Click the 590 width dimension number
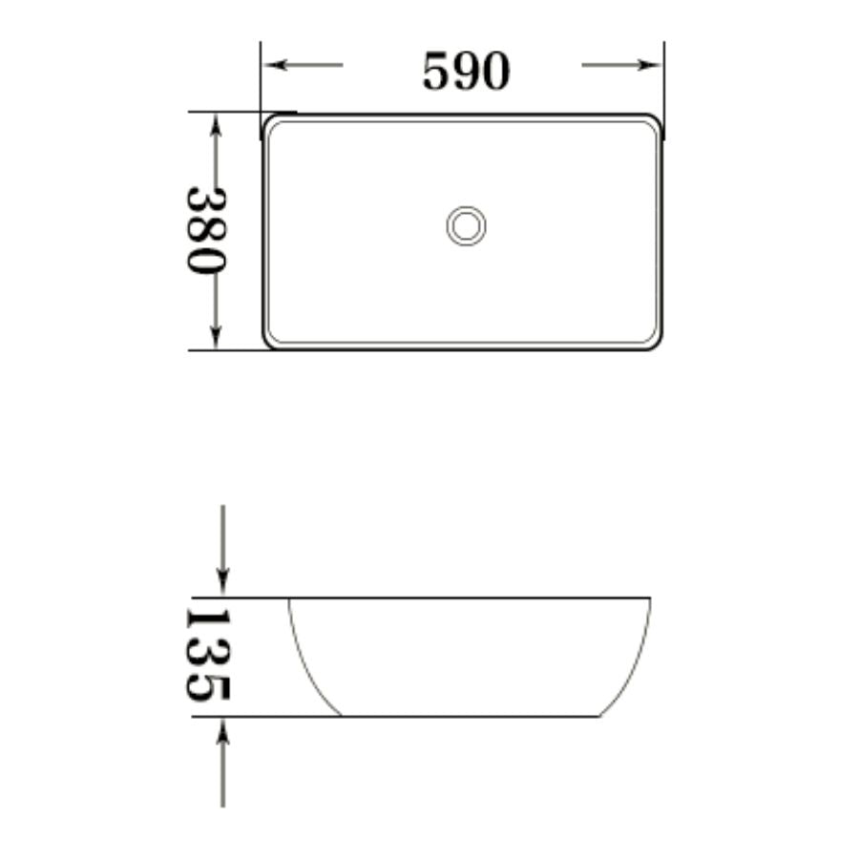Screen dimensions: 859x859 point(466,71)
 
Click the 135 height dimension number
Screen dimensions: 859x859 point(207,656)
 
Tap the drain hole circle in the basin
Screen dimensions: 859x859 point(466,226)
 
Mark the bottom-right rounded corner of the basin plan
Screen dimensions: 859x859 point(654,343)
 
